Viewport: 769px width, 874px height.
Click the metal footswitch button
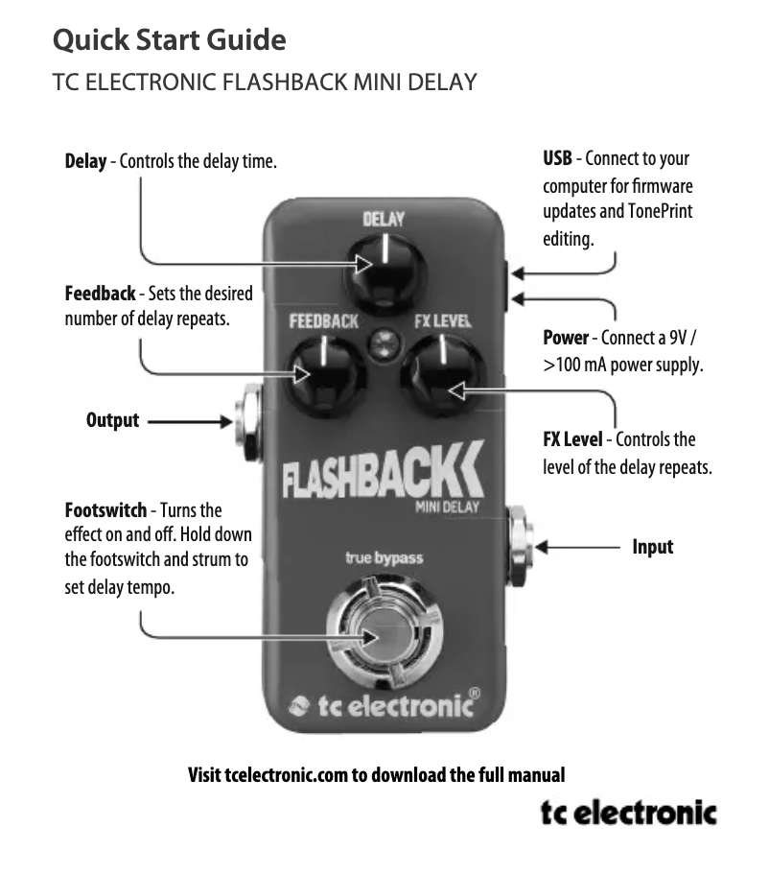pyautogui.click(x=383, y=634)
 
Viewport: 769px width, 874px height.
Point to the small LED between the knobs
pyautogui.click(x=384, y=342)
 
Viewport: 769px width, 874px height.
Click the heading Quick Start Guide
pyautogui.click(x=169, y=40)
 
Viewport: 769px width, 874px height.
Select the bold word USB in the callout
pyautogui.click(x=557, y=158)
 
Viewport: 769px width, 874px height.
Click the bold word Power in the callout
pyautogui.click(x=566, y=338)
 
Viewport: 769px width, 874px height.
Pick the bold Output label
pyautogui.click(x=112, y=420)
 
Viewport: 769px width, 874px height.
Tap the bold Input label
pyautogui.click(x=652, y=547)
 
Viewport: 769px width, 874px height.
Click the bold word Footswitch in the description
pyautogui.click(x=105, y=509)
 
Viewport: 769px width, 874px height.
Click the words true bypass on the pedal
pyautogui.click(x=384, y=557)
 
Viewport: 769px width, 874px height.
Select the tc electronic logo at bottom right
pyautogui.click(x=628, y=814)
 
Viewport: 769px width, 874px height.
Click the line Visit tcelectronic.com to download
pyautogui.click(x=376, y=774)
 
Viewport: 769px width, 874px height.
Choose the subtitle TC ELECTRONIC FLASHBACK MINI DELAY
pyautogui.click(x=265, y=82)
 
